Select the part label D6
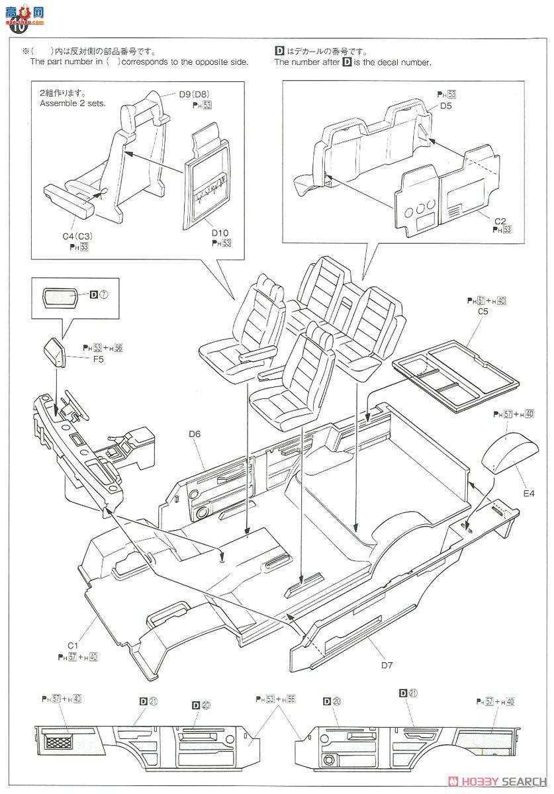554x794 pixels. [x=194, y=433]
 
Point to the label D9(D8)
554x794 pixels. [x=194, y=93]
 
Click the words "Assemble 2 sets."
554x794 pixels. [x=72, y=104]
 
